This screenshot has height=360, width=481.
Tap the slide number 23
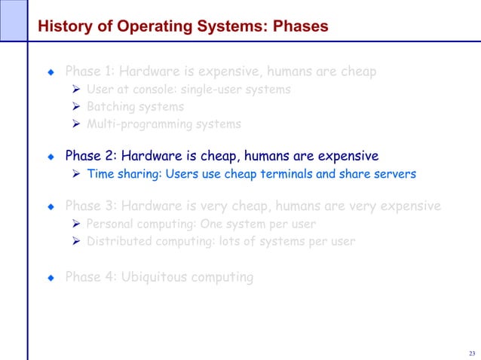point(472,353)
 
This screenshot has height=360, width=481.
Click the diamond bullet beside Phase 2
point(51,157)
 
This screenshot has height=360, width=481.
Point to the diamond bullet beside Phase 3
point(51,206)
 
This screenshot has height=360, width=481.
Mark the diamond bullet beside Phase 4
point(51,278)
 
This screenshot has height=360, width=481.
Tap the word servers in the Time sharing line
point(392,175)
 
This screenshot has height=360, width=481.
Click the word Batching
point(111,107)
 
